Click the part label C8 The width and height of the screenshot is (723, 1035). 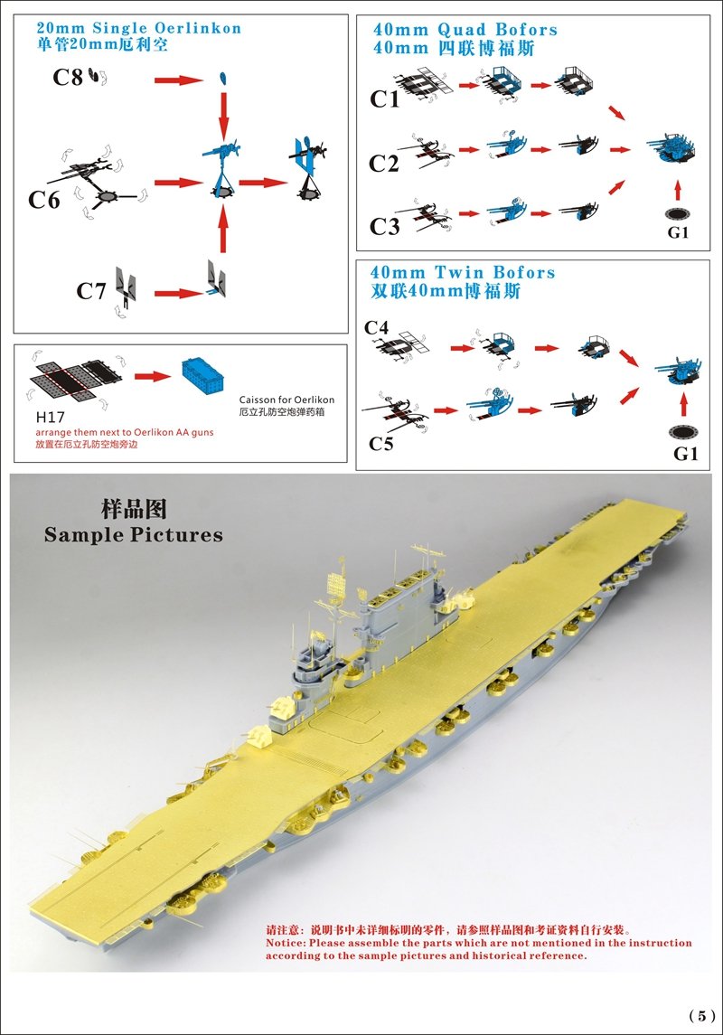(x=67, y=79)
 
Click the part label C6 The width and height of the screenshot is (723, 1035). (x=43, y=200)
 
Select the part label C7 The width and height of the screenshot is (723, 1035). (x=91, y=291)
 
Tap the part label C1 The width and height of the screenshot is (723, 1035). (x=385, y=99)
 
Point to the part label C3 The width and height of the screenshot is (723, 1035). (x=385, y=226)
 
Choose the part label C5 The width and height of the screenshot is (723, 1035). (x=381, y=444)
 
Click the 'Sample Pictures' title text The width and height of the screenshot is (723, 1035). (x=134, y=534)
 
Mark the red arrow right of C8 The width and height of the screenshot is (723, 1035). (x=178, y=80)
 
